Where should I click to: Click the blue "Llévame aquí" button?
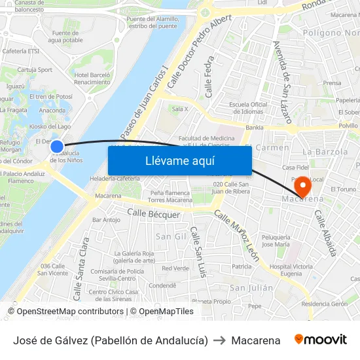click(x=179, y=161)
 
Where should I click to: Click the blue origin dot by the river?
click(x=57, y=147)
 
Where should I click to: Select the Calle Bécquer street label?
click(x=153, y=214)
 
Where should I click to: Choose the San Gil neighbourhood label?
click(x=171, y=236)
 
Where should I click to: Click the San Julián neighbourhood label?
click(x=251, y=287)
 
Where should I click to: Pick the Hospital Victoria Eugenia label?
click(x=291, y=270)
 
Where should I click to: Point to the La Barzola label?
click(x=325, y=151)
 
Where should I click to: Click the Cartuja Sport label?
click(x=35, y=69)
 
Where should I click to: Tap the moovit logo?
click(x=320, y=340)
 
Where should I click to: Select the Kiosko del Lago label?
click(x=50, y=126)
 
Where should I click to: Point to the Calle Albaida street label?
click(x=325, y=232)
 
